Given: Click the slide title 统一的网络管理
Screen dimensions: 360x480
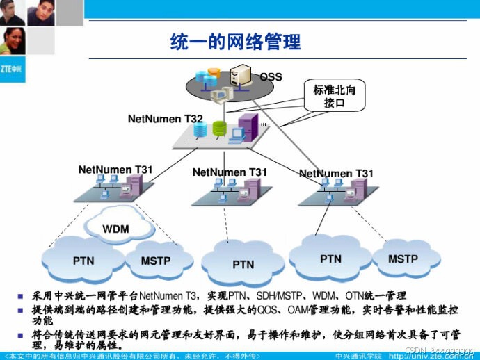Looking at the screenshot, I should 235,42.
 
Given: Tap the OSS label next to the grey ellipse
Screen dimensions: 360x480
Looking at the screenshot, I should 271,76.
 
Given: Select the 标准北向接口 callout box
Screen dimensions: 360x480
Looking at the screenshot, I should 334,97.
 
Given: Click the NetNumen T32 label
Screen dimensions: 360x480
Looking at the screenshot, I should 165,119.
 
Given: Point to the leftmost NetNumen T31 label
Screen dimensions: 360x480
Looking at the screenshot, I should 115,169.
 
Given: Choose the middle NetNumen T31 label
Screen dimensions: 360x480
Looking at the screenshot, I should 230,172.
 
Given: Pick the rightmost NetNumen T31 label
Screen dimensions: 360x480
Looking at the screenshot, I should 336,173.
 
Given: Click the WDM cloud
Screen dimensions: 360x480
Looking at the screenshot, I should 116,229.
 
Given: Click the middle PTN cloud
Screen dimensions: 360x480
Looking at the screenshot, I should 243,264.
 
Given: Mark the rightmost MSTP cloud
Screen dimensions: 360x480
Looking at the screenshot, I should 403,259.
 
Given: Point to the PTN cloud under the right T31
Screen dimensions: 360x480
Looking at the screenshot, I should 330,259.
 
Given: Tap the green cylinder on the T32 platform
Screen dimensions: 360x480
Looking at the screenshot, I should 220,129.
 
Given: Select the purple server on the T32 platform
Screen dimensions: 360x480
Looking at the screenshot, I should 246,127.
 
